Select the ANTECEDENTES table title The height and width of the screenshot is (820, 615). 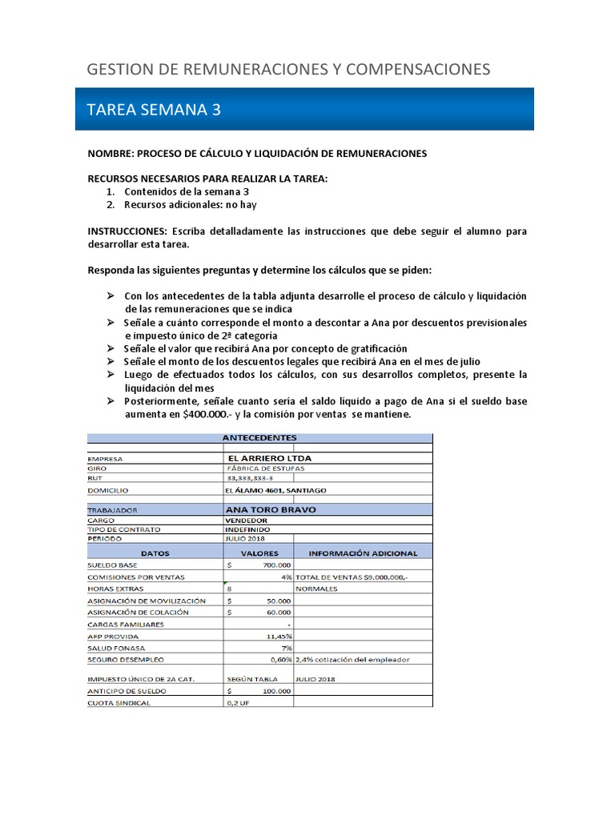coord(259,438)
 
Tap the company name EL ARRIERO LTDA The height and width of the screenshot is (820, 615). coord(267,459)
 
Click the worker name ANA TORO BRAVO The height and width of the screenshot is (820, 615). coord(271,509)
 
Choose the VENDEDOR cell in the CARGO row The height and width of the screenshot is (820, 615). coord(247,520)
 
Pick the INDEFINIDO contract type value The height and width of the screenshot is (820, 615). coord(248,529)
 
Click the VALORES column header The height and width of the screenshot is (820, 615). coord(259,553)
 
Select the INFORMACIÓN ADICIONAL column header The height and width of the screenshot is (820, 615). coord(363,553)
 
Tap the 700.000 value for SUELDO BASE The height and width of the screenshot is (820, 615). coord(276,565)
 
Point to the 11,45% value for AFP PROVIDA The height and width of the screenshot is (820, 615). coord(279,637)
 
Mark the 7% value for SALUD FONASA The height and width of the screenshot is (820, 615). coord(286,648)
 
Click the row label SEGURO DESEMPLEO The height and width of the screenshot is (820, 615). coord(126,660)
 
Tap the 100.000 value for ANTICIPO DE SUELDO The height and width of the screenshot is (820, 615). coord(276,690)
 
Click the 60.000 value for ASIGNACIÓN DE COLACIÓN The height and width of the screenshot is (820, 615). coord(278,613)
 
